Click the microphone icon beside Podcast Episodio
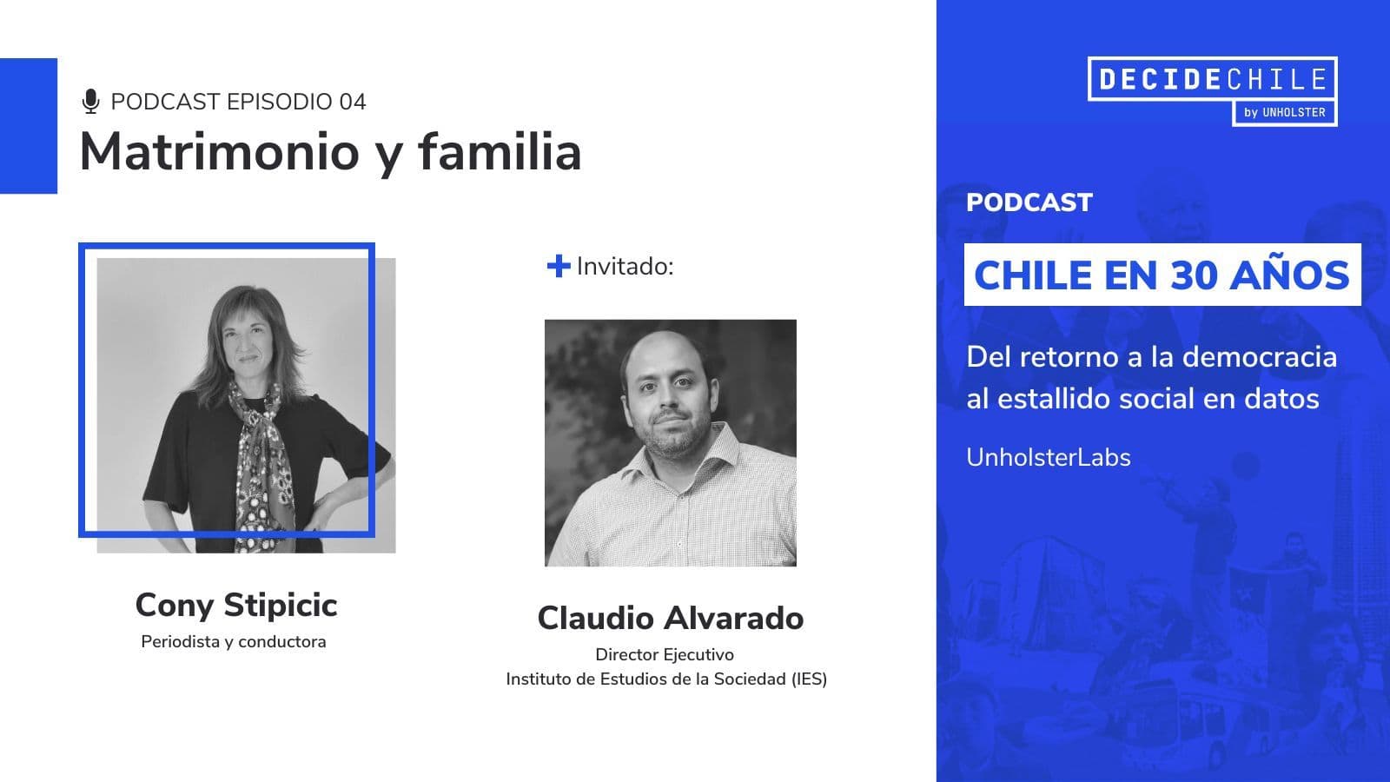click(90, 101)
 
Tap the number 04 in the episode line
click(353, 102)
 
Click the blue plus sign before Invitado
click(559, 266)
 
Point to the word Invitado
click(625, 266)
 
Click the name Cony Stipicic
click(236, 605)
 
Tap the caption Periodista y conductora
click(234, 642)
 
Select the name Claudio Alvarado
click(670, 618)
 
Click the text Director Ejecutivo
click(665, 655)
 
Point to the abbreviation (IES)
click(809, 679)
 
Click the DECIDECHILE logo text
click(1213, 79)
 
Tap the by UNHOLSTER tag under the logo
click(1285, 112)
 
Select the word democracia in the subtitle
click(1260, 357)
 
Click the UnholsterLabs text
click(1049, 457)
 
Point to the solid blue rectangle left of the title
click(29, 126)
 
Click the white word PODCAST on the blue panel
click(1029, 203)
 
